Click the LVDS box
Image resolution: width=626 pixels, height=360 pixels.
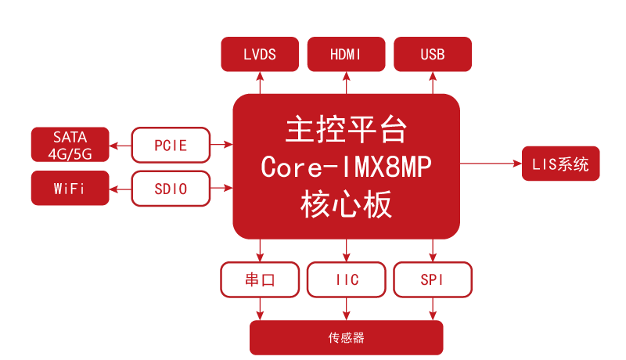[260, 55]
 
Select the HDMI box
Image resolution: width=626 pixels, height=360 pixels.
[346, 55]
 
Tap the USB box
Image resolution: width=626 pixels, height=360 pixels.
[433, 55]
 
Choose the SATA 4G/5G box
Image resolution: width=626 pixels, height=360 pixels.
[70, 145]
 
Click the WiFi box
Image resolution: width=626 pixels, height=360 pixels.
[70, 189]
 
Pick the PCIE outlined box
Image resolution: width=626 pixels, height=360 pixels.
[171, 145]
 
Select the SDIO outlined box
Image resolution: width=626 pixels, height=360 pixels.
[171, 189]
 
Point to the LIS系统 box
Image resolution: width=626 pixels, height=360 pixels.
[561, 164]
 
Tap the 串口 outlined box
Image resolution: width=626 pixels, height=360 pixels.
[260, 279]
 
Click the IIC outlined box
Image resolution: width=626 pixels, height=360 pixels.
[346, 279]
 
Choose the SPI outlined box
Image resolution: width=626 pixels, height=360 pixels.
[433, 279]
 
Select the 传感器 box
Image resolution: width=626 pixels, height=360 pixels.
[346, 338]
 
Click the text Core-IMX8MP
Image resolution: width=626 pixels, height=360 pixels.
[346, 167]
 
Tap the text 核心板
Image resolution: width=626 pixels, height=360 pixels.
[346, 205]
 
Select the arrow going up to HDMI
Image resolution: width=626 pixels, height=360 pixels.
[346, 82]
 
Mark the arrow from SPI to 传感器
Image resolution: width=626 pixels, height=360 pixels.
[433, 308]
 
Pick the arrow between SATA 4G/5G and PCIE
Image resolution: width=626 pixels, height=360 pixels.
[120, 145]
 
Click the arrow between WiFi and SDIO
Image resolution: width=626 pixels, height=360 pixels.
[120, 189]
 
